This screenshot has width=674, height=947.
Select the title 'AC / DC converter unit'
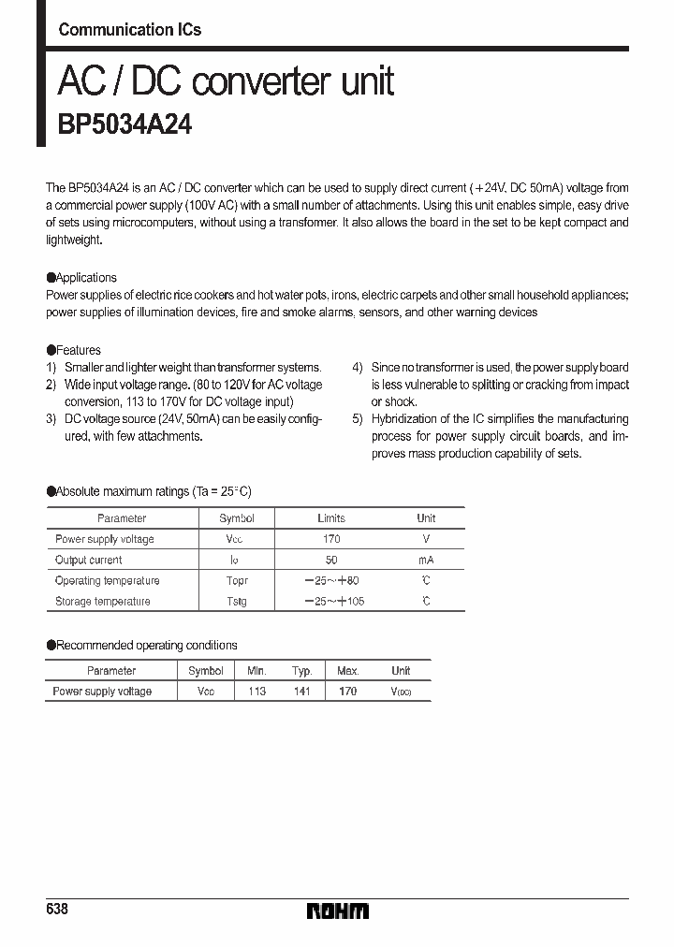[x=226, y=82]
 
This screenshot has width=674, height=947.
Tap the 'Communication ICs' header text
[x=129, y=30]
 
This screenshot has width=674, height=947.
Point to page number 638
[x=57, y=910]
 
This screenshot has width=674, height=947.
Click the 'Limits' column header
[x=331, y=518]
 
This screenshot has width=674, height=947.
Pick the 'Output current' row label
[x=88, y=561]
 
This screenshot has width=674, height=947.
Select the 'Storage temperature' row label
[x=102, y=602]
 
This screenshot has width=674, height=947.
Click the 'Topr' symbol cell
[x=237, y=581]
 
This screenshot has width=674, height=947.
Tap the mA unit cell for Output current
[x=426, y=561]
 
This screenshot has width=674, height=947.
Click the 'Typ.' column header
[x=301, y=671]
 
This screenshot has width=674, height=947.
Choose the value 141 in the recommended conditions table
[x=301, y=692]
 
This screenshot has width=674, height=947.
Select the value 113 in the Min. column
[x=256, y=692]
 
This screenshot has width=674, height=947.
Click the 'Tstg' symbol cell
[x=237, y=602]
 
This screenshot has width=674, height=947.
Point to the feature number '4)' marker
[x=358, y=368]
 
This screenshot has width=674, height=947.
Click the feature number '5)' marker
[x=358, y=419]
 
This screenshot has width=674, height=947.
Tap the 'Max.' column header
[x=347, y=671]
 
